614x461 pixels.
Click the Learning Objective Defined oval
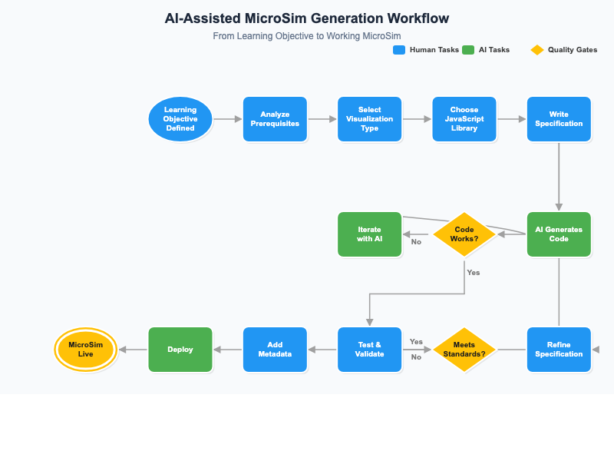(x=180, y=119)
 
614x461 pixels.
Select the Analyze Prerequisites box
(x=275, y=119)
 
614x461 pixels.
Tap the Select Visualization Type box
(x=369, y=119)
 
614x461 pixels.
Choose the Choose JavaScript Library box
(x=464, y=119)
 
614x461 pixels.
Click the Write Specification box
(x=559, y=119)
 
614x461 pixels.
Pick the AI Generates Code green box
(x=559, y=234)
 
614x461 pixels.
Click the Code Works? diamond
(x=464, y=234)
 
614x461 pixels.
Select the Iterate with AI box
(x=369, y=234)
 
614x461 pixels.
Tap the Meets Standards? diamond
(x=464, y=350)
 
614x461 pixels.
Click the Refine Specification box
(x=559, y=350)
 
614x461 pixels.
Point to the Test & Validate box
(x=369, y=350)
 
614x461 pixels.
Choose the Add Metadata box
(x=275, y=350)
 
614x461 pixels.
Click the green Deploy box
(x=180, y=350)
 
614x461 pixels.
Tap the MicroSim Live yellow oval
(x=85, y=350)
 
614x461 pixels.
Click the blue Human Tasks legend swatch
(x=399, y=50)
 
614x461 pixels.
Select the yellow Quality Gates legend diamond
(x=537, y=50)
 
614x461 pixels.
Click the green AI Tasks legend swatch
(x=468, y=50)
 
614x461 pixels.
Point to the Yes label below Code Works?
(x=473, y=273)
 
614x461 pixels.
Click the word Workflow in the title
(x=414, y=18)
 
